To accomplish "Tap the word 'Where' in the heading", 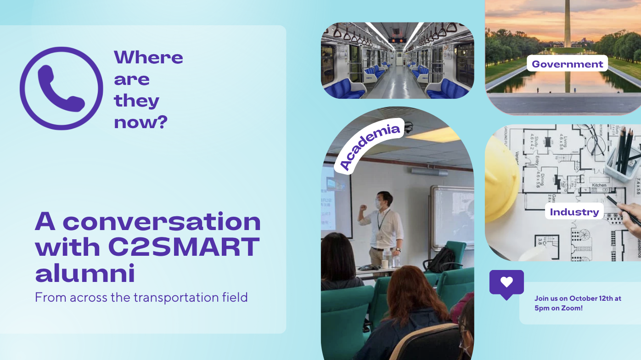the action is click(x=148, y=57).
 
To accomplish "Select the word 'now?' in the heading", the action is click(x=141, y=122).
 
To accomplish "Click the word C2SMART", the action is click(x=184, y=247).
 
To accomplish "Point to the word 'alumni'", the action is click(x=85, y=273).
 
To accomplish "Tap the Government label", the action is click(x=567, y=63).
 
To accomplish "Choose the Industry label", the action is click(x=574, y=212).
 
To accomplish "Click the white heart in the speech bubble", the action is click(x=506, y=282).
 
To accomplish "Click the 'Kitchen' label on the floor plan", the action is click(x=599, y=185).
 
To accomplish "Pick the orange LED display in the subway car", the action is click(x=397, y=40).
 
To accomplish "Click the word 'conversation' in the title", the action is click(x=162, y=221).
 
